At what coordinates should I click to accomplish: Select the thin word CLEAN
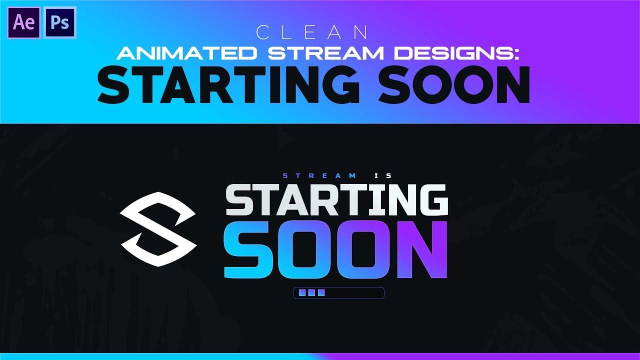click(x=312, y=33)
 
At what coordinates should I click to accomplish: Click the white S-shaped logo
click(x=158, y=221)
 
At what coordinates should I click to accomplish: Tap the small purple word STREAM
click(x=320, y=175)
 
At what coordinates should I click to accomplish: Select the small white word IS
click(x=385, y=175)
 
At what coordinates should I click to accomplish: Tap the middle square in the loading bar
click(x=311, y=293)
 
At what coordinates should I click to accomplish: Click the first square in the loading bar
click(x=302, y=293)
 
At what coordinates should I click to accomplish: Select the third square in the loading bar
click(x=321, y=293)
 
